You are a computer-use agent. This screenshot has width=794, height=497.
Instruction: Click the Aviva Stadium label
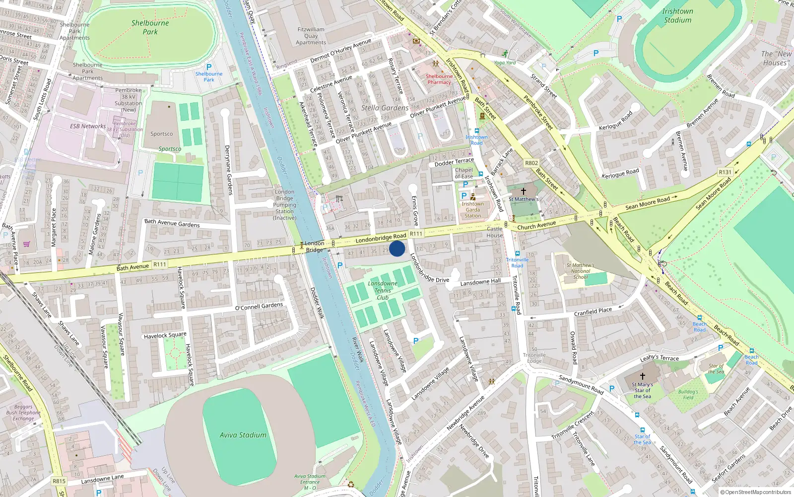243,435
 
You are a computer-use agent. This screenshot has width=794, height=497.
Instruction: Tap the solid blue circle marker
397,248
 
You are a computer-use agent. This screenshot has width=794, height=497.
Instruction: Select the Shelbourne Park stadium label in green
150,27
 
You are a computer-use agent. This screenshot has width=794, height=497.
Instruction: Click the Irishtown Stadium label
677,15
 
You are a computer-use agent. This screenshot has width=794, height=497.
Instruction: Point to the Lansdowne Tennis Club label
383,291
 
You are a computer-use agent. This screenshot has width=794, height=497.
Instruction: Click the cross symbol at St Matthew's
523,191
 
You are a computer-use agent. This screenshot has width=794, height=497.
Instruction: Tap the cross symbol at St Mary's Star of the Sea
642,376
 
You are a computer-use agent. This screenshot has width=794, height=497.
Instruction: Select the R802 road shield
531,163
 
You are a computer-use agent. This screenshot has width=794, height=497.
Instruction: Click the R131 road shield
725,172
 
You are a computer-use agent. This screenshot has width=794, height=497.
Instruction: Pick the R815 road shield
59,481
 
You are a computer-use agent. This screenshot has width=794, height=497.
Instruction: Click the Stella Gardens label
385,108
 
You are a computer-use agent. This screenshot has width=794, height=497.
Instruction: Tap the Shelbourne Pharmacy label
439,80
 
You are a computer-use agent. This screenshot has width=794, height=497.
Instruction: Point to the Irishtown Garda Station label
472,210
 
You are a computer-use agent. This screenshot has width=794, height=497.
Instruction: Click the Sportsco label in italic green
170,149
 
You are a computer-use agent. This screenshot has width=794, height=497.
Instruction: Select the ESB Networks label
88,126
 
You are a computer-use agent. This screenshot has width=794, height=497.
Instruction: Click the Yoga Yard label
505,63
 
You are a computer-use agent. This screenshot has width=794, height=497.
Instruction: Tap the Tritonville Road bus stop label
517,262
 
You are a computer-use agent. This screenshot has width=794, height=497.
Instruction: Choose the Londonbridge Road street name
381,238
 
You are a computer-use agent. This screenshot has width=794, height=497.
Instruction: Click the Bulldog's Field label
688,395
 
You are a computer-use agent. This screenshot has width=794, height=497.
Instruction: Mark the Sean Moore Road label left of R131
648,203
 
